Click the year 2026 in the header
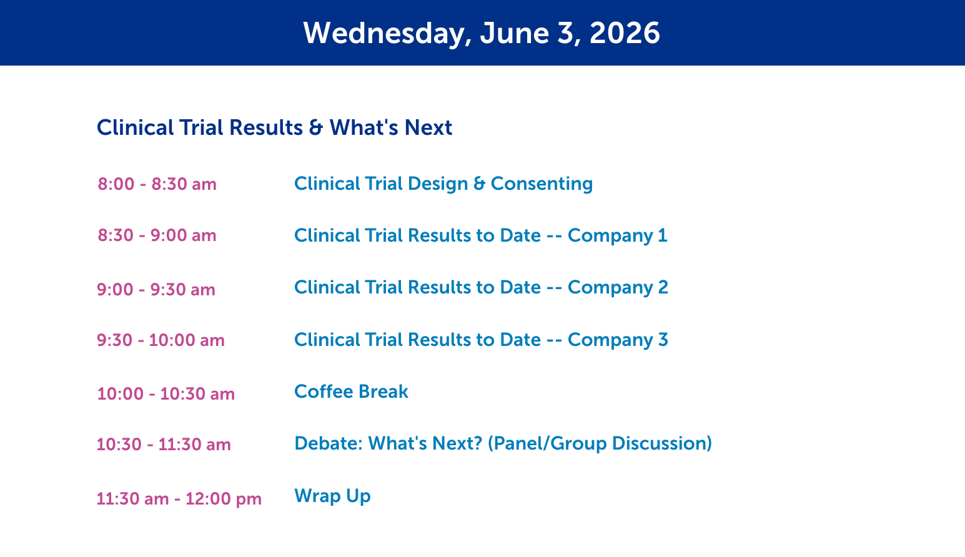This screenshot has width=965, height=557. pos(624,33)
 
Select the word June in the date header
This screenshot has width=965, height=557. pos(515,33)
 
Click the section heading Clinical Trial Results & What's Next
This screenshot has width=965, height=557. pos(274,127)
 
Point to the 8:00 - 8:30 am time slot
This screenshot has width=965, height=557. pos(157,184)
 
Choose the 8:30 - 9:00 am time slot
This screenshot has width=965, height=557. pos(157,235)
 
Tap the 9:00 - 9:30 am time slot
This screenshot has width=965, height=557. pos(156,290)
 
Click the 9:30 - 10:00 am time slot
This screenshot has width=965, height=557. pos(161,340)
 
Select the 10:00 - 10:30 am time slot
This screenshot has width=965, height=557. pos(166,394)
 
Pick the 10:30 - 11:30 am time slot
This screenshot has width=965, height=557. pos(164,445)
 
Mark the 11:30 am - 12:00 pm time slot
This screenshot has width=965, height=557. pos(179,499)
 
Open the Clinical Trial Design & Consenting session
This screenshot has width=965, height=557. pos(443,184)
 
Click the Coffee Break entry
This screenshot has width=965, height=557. pos(351,392)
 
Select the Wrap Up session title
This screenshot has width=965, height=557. pos(332,496)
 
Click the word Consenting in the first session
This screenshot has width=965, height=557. pos(542,184)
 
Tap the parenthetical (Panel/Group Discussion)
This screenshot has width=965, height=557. pos(600,444)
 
